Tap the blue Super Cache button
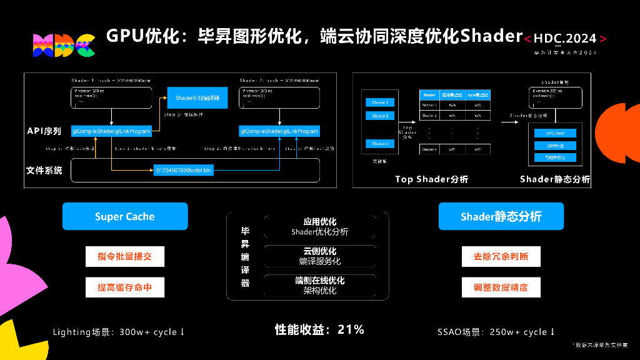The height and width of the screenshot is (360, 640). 125,216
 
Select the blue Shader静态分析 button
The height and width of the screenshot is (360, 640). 501,216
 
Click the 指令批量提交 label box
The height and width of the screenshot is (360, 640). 124,256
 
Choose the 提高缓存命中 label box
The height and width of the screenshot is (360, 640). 124,287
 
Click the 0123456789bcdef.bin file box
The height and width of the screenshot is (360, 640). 183,169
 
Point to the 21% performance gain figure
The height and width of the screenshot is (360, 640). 351,329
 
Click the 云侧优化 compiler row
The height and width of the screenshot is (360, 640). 320,256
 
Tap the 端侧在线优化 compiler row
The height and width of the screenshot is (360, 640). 320,286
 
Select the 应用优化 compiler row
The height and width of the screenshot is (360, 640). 320,227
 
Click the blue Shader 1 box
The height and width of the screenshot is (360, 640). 379,102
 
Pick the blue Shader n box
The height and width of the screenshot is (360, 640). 379,144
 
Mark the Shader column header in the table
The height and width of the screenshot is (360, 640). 429,95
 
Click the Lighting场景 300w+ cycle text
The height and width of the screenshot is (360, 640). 119,332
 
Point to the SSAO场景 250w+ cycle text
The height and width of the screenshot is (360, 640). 497,332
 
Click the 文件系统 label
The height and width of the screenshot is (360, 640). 44,170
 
